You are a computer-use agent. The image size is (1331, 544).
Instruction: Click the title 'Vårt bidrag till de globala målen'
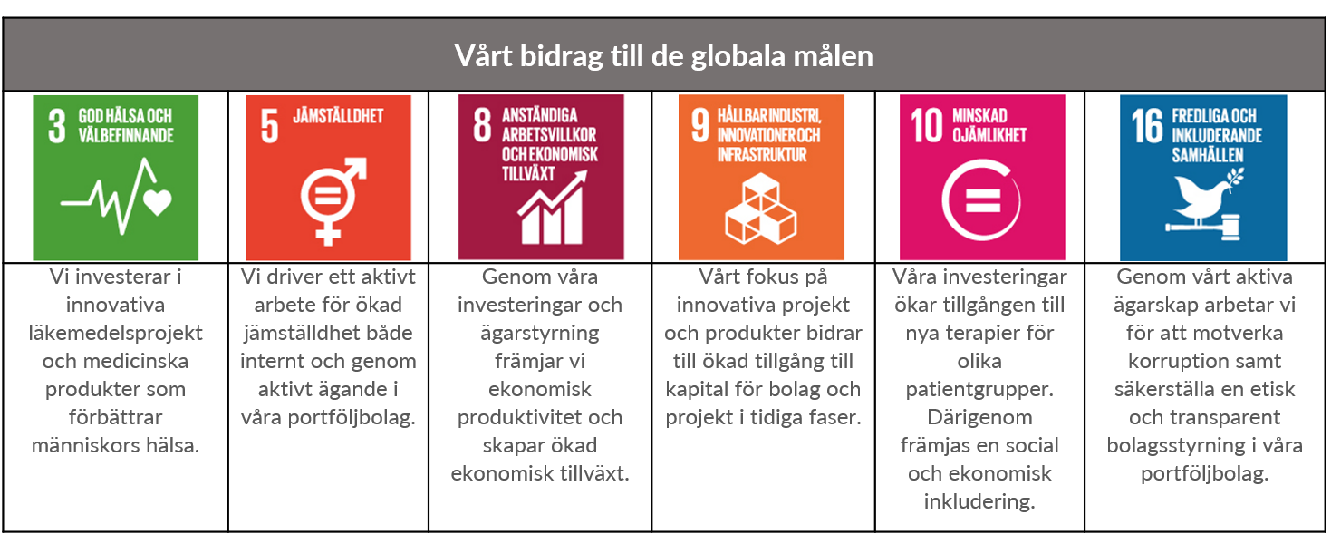[664, 56]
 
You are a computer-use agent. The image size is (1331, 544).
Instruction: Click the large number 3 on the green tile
[56, 125]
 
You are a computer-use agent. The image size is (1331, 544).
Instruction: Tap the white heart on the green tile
[158, 202]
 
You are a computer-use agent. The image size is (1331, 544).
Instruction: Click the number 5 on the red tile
[269, 125]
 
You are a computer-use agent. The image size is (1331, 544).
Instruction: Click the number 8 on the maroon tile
[482, 125]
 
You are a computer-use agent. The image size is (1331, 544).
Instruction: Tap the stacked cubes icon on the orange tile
[760, 209]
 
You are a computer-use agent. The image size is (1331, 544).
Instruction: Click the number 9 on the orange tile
[700, 125]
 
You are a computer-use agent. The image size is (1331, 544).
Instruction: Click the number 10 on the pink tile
[926, 125]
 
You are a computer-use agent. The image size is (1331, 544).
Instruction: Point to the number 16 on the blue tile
[1147, 125]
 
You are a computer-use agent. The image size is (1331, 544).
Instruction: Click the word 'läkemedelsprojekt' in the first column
[115, 334]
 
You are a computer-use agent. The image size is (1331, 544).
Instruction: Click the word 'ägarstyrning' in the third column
[539, 334]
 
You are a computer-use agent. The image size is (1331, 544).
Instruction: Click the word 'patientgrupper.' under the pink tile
[979, 390]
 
